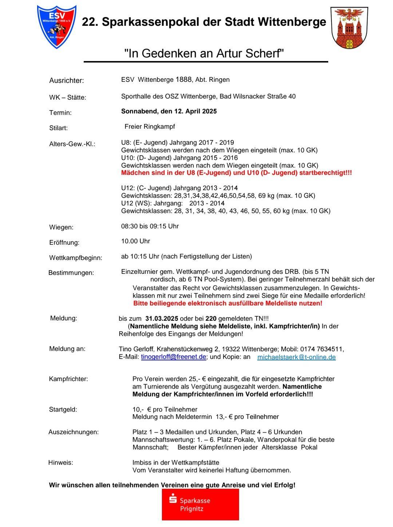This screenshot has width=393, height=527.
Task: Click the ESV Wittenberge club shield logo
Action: pyautogui.click(x=56, y=27)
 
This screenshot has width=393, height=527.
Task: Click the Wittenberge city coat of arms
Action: pyautogui.click(x=349, y=28)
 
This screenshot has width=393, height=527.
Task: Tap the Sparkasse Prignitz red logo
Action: pyautogui.click(x=200, y=504)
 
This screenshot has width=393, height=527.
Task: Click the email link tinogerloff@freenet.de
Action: pyautogui.click(x=174, y=357)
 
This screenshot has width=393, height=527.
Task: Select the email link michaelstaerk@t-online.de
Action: pyautogui.click(x=296, y=357)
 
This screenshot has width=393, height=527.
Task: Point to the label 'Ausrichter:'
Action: pyautogui.click(x=67, y=81)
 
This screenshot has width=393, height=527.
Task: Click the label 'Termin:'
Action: pyautogui.click(x=60, y=113)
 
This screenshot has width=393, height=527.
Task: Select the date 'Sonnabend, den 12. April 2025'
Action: pyautogui.click(x=169, y=111)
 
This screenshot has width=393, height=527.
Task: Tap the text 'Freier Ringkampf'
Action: pyautogui.click(x=150, y=127)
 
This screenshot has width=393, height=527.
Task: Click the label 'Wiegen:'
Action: pyautogui.click(x=61, y=227)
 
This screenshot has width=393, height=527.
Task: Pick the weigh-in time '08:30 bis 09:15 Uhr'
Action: pyautogui.click(x=150, y=226)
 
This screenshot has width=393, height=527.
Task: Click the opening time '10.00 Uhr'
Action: pyautogui.click(x=135, y=241)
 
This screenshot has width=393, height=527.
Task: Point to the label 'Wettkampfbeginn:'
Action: pyautogui.click(x=76, y=258)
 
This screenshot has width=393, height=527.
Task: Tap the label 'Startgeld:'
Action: pyautogui.click(x=63, y=410)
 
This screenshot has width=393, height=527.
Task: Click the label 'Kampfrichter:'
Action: pyautogui.click(x=68, y=379)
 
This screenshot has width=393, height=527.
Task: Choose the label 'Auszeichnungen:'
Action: pyautogui.click(x=74, y=432)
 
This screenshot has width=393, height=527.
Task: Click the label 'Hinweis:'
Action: pyautogui.click(x=60, y=463)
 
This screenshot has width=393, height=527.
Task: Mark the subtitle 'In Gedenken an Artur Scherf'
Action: pyautogui.click(x=204, y=54)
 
